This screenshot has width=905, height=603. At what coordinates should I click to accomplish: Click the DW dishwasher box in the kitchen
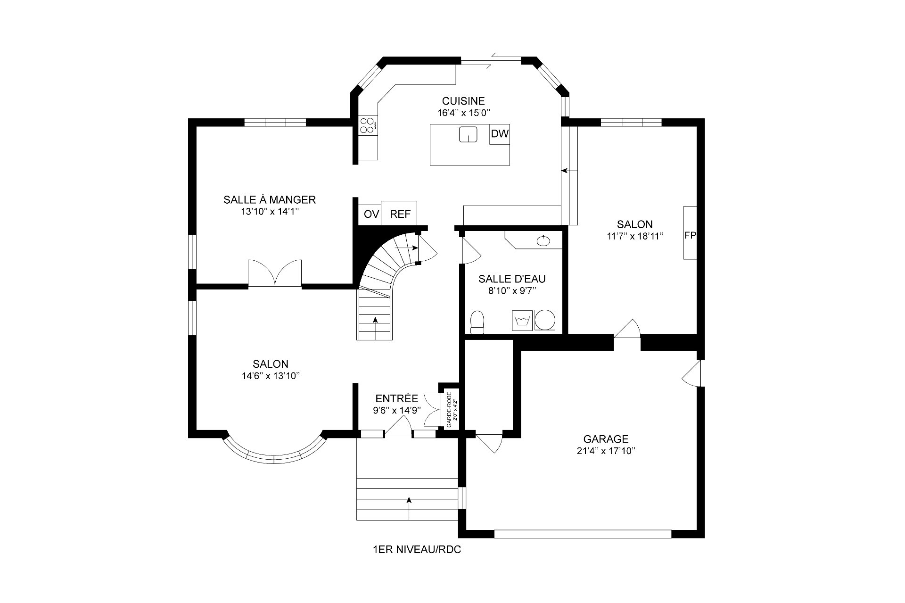tap(500, 134)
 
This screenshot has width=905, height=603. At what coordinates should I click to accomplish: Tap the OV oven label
tap(371, 215)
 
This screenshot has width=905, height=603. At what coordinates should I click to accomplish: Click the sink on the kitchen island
tap(469, 134)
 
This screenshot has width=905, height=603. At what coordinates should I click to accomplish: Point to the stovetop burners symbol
tap(368, 125)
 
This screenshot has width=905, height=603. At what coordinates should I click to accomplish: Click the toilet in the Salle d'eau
tap(477, 322)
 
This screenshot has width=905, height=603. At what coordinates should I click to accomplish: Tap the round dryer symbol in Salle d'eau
tap(545, 320)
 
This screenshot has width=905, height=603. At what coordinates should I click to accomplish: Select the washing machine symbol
tap(522, 320)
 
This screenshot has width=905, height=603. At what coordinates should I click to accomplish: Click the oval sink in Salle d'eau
tap(543, 241)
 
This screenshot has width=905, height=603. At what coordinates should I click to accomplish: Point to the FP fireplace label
tap(690, 236)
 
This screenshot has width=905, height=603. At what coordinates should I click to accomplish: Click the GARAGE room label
tap(606, 439)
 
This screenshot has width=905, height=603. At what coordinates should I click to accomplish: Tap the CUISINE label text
tap(463, 101)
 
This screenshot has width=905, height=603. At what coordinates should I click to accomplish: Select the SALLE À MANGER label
tap(270, 199)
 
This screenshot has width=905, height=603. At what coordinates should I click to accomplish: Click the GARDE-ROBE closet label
tap(449, 410)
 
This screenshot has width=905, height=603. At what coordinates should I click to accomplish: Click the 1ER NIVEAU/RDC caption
tap(417, 550)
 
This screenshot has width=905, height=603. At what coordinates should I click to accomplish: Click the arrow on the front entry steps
tap(409, 508)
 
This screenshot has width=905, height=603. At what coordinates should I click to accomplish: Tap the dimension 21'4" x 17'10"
tap(606, 451)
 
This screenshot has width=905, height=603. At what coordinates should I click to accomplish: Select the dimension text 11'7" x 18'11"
tap(635, 236)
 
